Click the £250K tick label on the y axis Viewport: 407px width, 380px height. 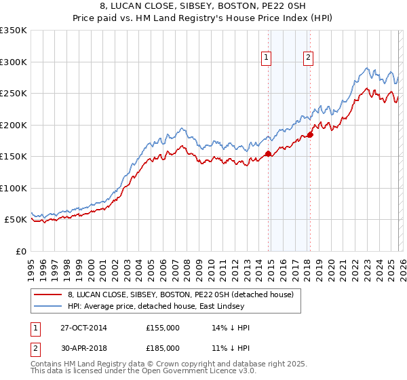(x=14, y=93)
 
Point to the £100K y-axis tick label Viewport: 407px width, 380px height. (x=14, y=188)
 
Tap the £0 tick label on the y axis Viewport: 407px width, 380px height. (x=20, y=251)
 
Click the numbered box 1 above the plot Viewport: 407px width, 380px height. (x=267, y=58)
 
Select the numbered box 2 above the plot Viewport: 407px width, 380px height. (x=308, y=58)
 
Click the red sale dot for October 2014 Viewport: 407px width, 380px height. (x=268, y=153)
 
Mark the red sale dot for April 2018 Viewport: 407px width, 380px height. (x=310, y=134)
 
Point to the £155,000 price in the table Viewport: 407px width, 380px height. (x=163, y=328)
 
